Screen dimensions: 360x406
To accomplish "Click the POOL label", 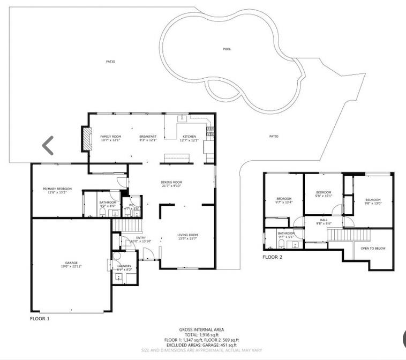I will (x=227, y=49).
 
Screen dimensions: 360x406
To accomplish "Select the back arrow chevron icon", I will (x=48, y=145).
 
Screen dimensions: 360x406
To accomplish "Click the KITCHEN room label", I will (x=190, y=137).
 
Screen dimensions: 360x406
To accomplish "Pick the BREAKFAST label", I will (x=148, y=137).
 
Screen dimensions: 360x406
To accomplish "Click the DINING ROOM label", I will (x=171, y=182).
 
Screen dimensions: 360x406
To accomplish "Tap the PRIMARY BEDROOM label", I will (x=57, y=189).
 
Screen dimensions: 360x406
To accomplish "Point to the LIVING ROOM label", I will (x=188, y=235).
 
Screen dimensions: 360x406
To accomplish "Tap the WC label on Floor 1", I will (x=132, y=205).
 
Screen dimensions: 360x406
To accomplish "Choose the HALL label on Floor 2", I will (x=324, y=220).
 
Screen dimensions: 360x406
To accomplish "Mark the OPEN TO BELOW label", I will (x=373, y=249).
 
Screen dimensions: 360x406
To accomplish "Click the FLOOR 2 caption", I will (x=272, y=257).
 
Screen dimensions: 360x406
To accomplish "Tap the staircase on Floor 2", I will (x=349, y=234).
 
